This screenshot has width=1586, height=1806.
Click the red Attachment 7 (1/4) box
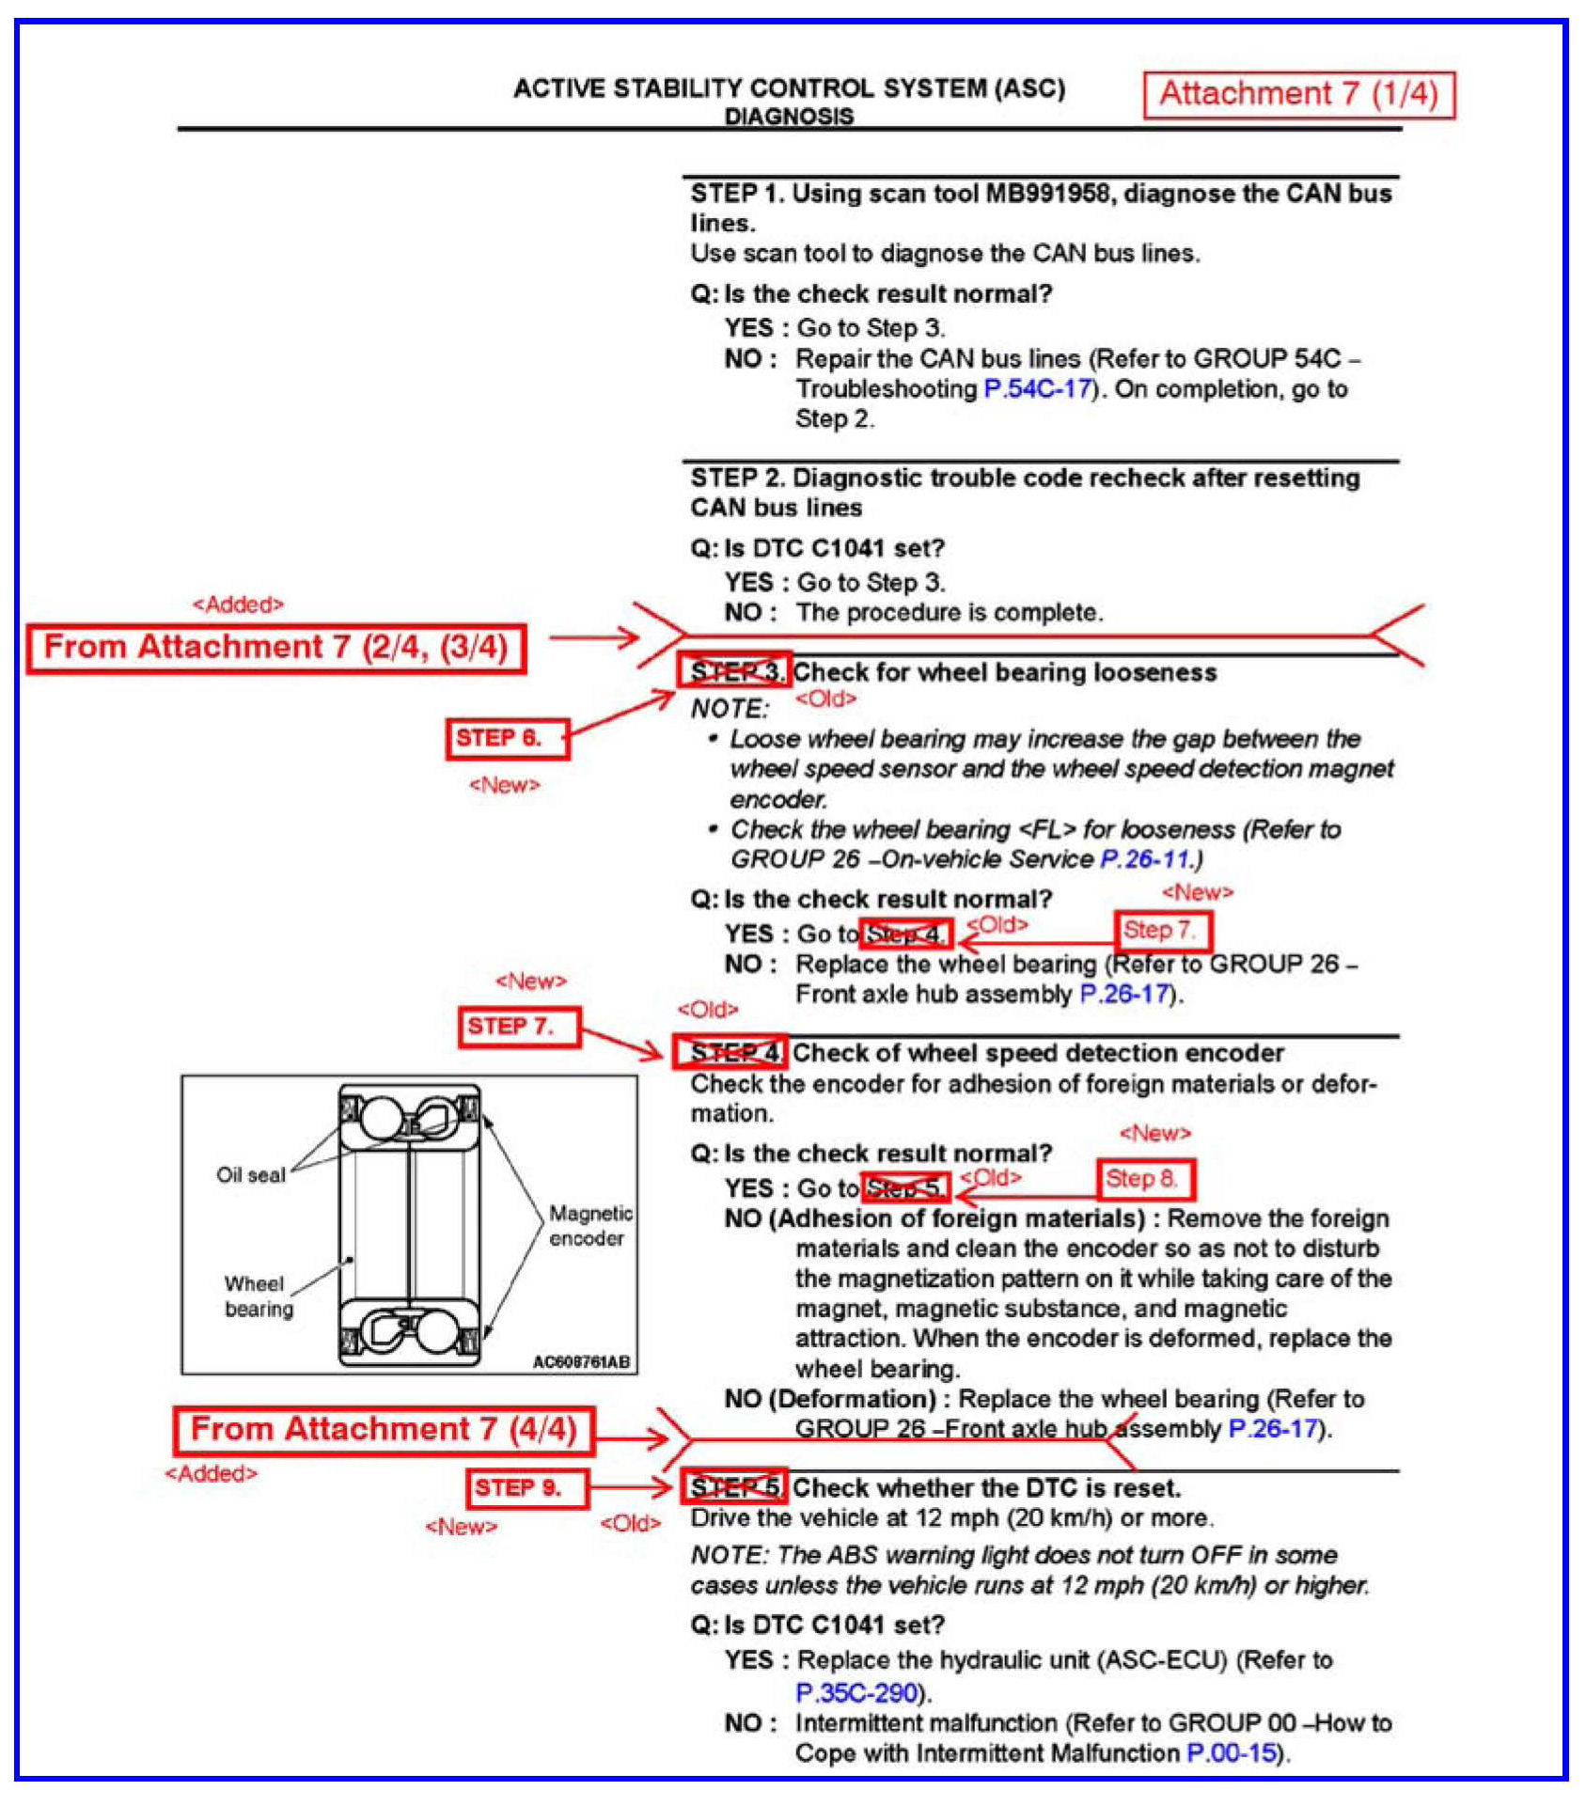[x=1298, y=95]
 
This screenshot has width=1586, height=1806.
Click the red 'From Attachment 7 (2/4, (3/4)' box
[x=275, y=648]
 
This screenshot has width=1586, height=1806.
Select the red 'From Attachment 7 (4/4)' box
[x=384, y=1430]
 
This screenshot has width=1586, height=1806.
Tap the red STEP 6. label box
[x=507, y=738]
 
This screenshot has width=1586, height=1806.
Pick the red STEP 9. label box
[x=527, y=1488]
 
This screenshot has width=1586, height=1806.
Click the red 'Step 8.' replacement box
[x=1146, y=1179]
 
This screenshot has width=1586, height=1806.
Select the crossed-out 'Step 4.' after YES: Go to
[x=905, y=934]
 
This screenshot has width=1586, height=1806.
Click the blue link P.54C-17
[x=1037, y=388]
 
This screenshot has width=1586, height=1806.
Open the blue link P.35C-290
[x=856, y=1692]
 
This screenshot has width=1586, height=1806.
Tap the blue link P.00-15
[x=1232, y=1752]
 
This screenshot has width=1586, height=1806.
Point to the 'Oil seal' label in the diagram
[x=250, y=1175]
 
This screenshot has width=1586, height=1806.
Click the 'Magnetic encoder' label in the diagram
[x=589, y=1226]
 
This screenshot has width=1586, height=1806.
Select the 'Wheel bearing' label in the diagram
[x=258, y=1296]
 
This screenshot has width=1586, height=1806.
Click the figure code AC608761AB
[x=580, y=1361]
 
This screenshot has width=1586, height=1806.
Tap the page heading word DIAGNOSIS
[x=789, y=117]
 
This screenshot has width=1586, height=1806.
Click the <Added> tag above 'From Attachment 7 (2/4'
[x=238, y=605]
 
